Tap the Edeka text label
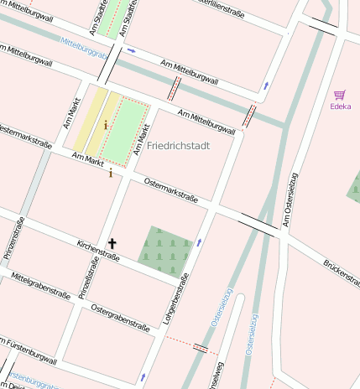click(340, 106)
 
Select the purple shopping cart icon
click(340, 95)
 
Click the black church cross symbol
click(112, 243)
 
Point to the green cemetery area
click(165, 248)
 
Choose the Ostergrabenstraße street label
click(120, 319)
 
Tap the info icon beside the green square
click(105, 125)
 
